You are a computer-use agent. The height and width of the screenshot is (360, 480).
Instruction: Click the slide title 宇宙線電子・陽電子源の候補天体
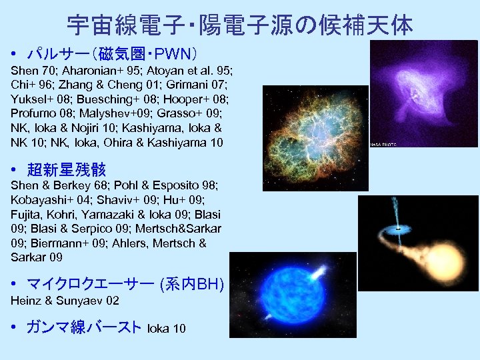pos(240,25)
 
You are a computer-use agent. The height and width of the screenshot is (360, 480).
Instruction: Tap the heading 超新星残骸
pos(66,169)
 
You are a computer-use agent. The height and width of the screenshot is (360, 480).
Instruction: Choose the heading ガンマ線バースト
pos(83,327)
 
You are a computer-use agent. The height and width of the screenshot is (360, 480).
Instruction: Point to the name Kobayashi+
pos(39,201)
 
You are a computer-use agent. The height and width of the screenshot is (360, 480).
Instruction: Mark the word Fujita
pos(26,215)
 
